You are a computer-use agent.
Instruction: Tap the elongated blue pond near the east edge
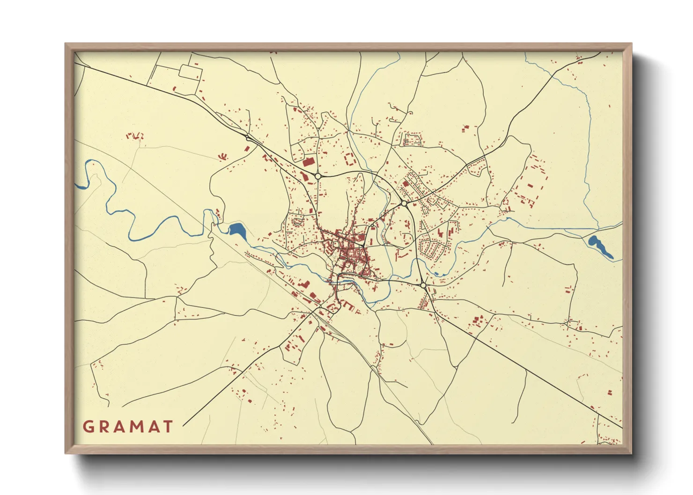[x=600, y=247]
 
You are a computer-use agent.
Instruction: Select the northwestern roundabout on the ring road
[x=318, y=176]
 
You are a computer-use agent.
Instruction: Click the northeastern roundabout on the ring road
[x=404, y=204]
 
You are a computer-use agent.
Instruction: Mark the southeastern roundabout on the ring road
[x=423, y=285]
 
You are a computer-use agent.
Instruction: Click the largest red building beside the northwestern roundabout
[x=308, y=162]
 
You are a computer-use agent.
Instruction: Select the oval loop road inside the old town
[x=335, y=244]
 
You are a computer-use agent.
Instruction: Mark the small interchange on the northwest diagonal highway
[x=247, y=137]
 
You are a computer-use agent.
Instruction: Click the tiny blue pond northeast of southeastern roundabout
[x=436, y=274]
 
